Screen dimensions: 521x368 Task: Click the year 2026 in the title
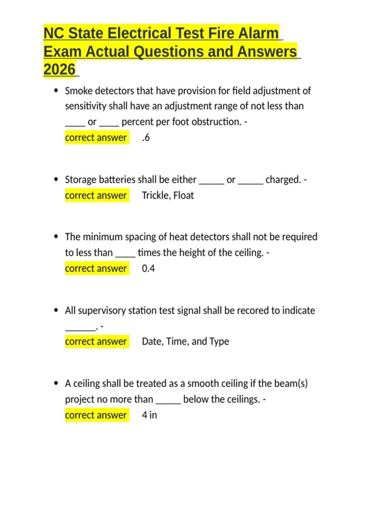[x=59, y=69]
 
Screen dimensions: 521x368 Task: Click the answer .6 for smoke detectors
[x=146, y=137]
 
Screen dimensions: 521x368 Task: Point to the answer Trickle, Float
[x=168, y=195]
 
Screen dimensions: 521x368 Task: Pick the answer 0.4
[x=148, y=268]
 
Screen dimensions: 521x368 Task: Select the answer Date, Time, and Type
[x=185, y=341]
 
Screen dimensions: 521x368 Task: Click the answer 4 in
[x=149, y=415]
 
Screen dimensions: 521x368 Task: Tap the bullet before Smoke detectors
[x=56, y=91]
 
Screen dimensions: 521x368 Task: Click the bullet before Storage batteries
[x=56, y=179]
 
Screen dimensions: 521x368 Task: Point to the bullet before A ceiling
[x=56, y=383]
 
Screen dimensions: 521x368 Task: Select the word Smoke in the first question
[x=79, y=91]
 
